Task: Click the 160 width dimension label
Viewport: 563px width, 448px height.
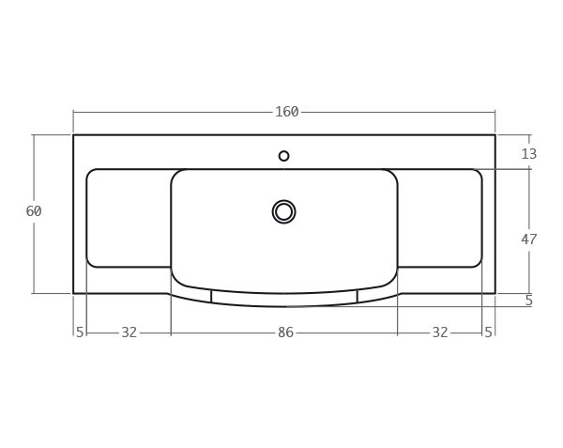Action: [286, 112]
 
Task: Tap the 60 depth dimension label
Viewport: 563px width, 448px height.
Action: [34, 211]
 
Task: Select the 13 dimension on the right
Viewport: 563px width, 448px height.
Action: [528, 154]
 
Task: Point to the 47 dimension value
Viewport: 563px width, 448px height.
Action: [528, 239]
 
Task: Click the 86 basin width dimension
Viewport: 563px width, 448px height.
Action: [285, 332]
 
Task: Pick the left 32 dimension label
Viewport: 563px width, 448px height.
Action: [129, 332]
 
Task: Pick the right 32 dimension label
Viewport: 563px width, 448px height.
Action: [439, 332]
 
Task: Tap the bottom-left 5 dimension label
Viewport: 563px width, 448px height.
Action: [80, 332]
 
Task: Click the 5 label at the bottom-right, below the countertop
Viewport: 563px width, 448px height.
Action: [488, 332]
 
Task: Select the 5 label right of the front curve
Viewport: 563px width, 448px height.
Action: [528, 301]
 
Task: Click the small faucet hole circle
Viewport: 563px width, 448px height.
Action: [283, 156]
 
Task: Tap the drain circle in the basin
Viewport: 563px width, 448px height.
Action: [283, 211]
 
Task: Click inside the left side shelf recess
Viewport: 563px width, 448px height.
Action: [129, 218]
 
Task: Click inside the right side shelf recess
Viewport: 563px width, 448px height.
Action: [439, 218]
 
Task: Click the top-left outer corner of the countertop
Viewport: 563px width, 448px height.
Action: [73, 135]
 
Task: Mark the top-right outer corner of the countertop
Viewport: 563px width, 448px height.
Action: [495, 135]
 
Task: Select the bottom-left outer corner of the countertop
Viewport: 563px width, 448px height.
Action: [73, 293]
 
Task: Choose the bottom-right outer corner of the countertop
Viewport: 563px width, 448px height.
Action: [495, 293]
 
